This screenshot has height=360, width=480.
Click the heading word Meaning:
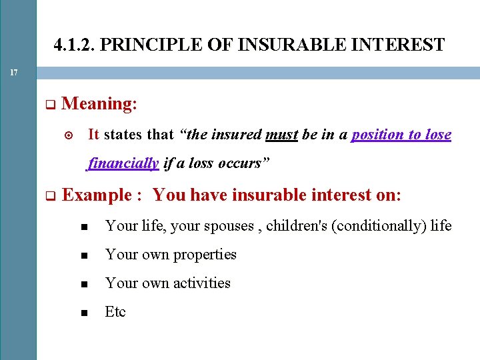(x=99, y=103)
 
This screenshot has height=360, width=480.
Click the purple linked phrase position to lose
(x=401, y=135)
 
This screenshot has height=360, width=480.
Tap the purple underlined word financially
(x=123, y=163)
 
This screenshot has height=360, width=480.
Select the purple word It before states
(x=93, y=135)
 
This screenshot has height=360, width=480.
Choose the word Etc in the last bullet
(x=115, y=312)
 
